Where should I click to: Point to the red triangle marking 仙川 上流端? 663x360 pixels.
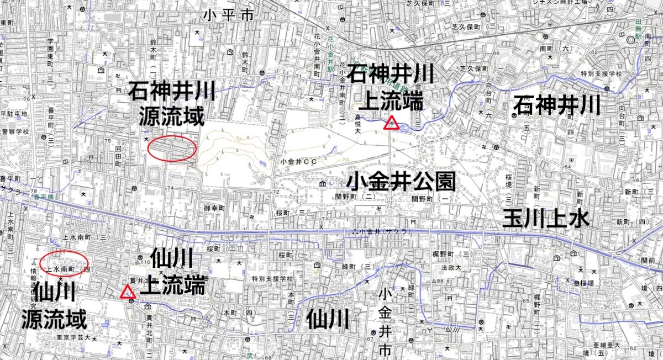[x=128, y=292]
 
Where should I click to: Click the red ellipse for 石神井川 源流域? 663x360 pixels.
[x=172, y=148]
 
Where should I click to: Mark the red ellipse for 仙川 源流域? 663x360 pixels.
[x=65, y=263]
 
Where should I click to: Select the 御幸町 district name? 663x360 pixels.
[x=213, y=208]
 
